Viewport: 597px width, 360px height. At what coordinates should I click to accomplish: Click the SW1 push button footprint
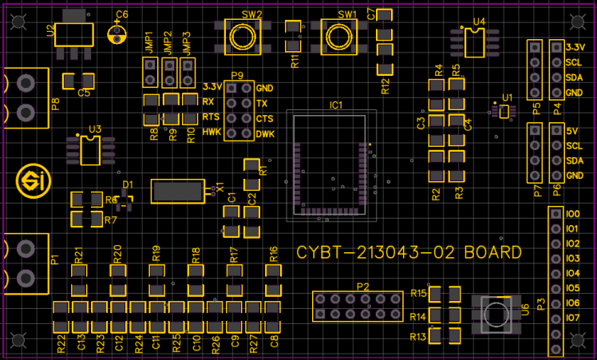(x=339, y=36)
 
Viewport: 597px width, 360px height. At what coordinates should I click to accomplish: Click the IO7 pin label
(x=572, y=318)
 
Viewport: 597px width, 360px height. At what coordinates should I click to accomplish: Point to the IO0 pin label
(x=572, y=214)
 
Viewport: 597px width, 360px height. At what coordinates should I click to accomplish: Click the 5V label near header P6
(x=572, y=131)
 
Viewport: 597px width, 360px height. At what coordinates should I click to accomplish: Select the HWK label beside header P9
(x=211, y=132)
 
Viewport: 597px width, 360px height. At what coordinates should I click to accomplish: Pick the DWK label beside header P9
(x=265, y=133)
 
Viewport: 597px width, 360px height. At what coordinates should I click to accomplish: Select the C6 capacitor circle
(x=119, y=34)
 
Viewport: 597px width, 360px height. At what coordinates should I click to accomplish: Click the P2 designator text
(x=362, y=286)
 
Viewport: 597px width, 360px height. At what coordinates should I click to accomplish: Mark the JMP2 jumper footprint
(x=168, y=75)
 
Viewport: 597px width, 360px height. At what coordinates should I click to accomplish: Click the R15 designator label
(x=418, y=294)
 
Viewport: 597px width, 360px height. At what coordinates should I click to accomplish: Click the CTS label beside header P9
(x=266, y=118)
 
